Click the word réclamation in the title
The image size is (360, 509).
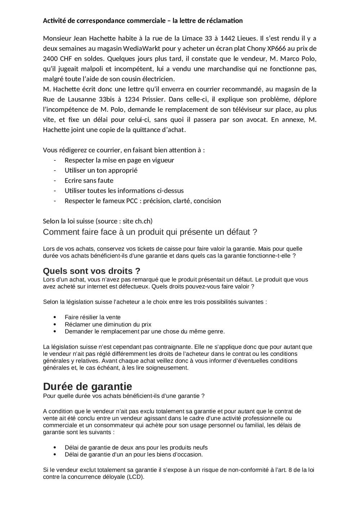tap(225, 21)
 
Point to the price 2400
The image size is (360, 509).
tap(51, 59)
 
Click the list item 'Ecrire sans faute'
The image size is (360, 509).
tap(89, 181)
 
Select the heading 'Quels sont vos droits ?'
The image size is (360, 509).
tap(91, 271)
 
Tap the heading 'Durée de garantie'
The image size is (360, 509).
tap(87, 386)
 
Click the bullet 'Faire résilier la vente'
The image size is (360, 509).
tap(93, 317)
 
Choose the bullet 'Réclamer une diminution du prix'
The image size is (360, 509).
tap(108, 324)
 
